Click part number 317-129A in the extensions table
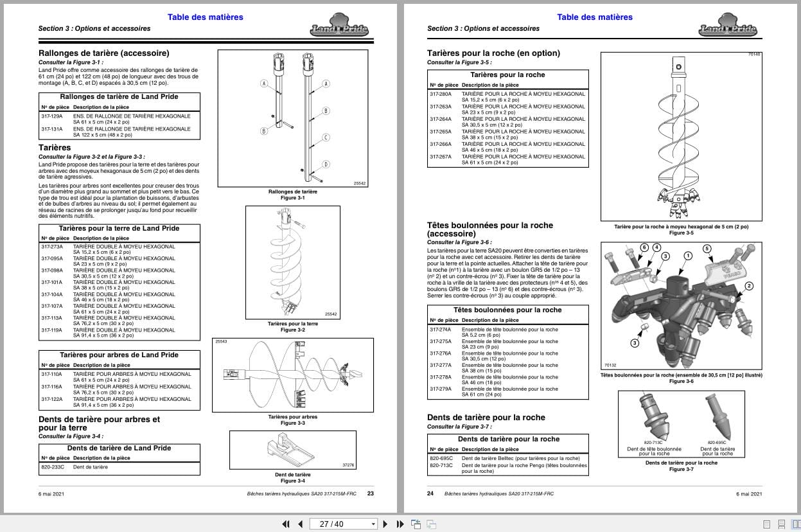tap(51, 116)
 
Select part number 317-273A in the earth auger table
tap(51, 247)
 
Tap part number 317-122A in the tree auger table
tap(51, 399)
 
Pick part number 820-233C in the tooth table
tap(53, 467)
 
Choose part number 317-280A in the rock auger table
tap(441, 94)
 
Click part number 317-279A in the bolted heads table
tap(441, 389)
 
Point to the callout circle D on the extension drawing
tap(326, 164)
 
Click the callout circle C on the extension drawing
tap(326, 137)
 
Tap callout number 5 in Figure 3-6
tap(707, 249)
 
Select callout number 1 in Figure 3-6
tap(688, 255)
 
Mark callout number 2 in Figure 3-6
tap(748, 286)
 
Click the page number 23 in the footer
tap(371, 493)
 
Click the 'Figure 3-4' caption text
tap(293, 481)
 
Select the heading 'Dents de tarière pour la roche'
tap(486, 418)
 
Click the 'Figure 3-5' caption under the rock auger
tap(681, 233)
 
